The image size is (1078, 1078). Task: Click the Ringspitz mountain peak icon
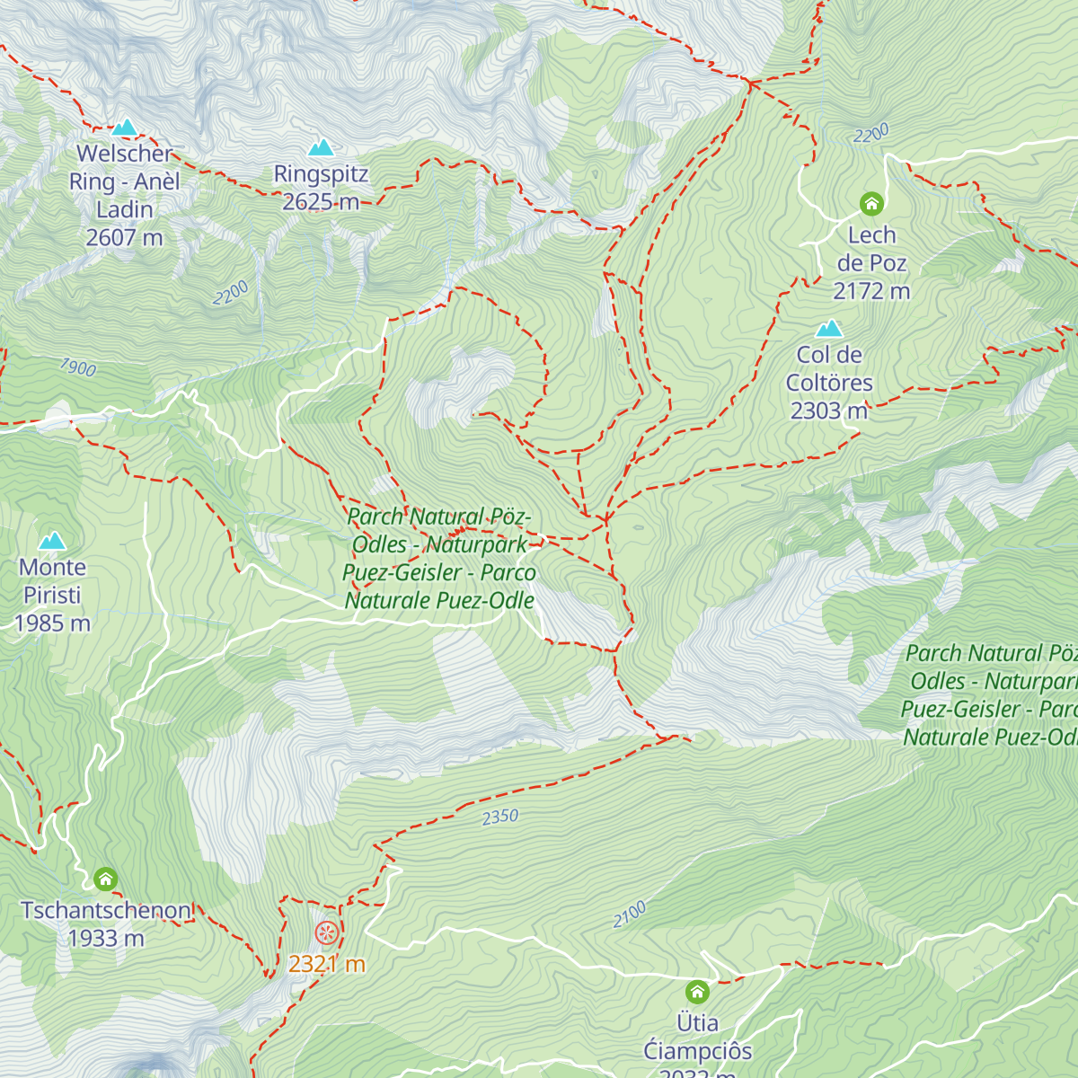pos(321,147)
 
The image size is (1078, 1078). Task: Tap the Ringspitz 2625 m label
pos(321,188)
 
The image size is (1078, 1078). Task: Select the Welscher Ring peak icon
pos(125,128)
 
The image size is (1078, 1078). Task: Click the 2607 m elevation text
pos(124,238)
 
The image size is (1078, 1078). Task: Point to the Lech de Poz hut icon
pos(871,204)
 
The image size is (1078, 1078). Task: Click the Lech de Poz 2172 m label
pos(871,263)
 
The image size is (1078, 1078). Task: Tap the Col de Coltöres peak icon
pos(829,329)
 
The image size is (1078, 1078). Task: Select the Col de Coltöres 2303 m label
pos(829,383)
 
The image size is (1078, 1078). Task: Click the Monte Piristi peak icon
pos(52,541)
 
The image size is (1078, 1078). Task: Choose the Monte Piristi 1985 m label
pos(52,595)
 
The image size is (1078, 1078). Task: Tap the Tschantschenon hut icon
pos(106,879)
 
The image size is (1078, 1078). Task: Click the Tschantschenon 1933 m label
pos(106,923)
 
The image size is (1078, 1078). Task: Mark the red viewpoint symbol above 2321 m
pos(327,932)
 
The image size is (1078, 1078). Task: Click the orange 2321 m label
pos(327,964)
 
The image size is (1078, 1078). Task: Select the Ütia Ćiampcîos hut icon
pos(697,992)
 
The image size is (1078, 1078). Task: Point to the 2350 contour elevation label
pos(500,817)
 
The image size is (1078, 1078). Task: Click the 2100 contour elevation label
pos(630,915)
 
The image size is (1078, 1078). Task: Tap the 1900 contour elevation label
pos(78,367)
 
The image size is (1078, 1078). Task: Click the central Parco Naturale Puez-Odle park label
pos(439,558)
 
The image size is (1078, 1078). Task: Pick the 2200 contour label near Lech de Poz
pos(871,134)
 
